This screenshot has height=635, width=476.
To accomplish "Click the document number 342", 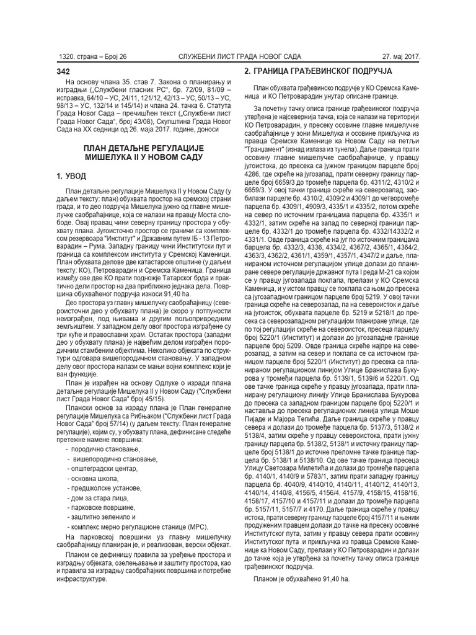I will coord(64,71).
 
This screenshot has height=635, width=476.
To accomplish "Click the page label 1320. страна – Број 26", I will coord(92,56).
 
